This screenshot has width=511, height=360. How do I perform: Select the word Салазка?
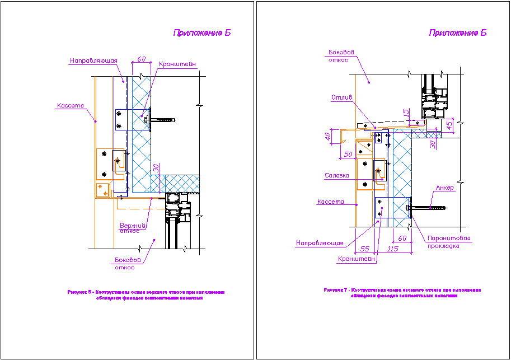337,175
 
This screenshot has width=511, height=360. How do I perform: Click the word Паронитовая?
448,238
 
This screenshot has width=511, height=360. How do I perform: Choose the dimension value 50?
348,153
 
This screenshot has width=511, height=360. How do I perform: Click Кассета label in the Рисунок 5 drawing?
70,105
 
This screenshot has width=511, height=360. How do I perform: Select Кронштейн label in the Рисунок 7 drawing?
357,259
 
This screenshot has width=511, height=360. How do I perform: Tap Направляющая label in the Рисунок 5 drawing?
92,60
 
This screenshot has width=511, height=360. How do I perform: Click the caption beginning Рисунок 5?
146,295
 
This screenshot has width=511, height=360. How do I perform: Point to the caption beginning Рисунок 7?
402,293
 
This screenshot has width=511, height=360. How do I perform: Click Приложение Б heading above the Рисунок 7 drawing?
458,32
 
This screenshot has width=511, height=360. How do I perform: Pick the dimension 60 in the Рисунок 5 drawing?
141,58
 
